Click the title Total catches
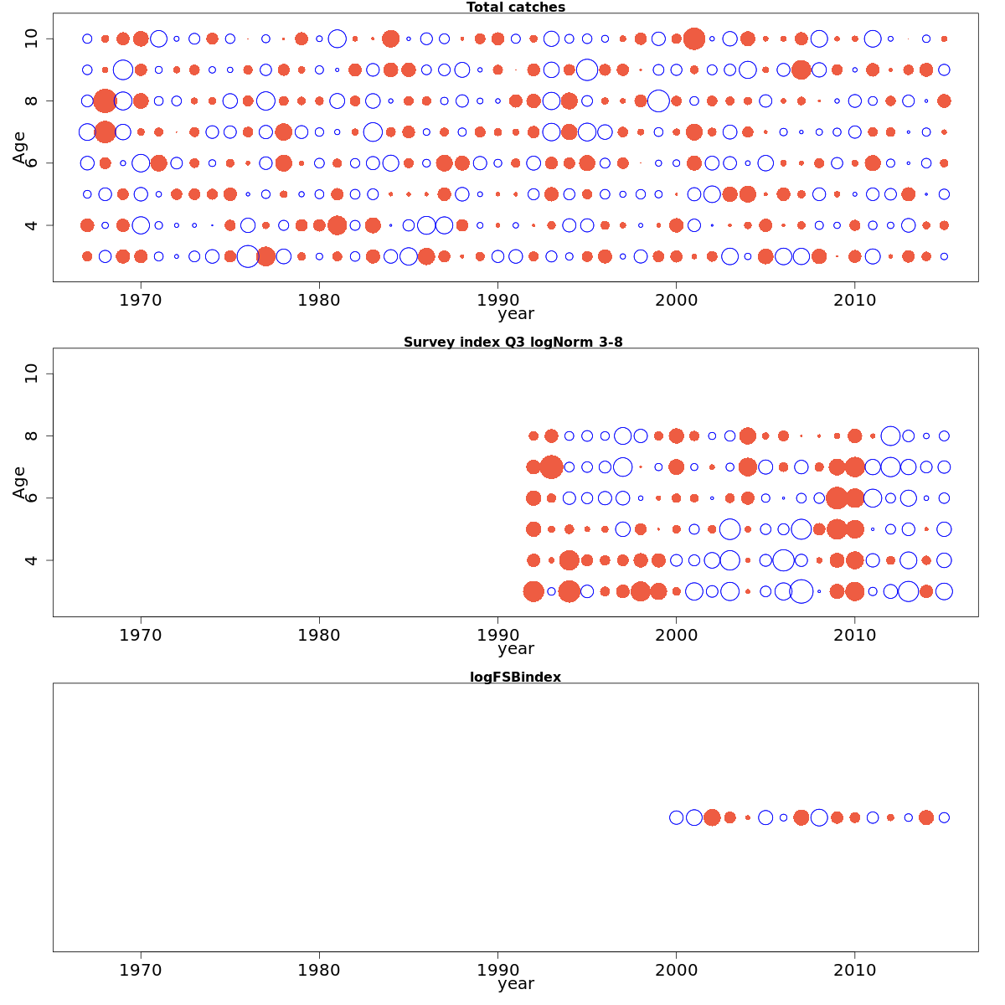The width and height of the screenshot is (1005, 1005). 516,8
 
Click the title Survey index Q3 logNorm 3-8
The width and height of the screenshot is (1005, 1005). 513,343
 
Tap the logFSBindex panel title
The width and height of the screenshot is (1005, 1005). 515,678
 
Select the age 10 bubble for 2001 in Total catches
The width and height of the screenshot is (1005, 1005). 693,39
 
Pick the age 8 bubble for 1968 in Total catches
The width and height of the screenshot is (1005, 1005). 105,100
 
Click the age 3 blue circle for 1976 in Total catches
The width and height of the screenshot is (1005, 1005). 248,256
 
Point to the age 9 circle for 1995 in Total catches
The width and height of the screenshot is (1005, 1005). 587,70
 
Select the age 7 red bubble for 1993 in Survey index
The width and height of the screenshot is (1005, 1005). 551,466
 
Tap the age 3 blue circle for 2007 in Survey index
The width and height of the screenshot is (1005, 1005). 801,591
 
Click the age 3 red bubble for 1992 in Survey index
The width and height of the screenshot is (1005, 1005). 533,591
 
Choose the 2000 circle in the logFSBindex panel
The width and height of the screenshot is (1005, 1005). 676,817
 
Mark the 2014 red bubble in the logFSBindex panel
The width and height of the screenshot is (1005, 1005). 925,817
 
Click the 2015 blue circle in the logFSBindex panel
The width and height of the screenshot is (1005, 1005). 944,817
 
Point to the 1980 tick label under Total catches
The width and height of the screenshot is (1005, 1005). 319,300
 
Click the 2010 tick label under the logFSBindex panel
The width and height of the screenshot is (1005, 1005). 854,970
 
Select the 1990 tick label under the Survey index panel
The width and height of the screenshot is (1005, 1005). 497,635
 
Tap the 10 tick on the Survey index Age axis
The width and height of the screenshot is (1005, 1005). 32,374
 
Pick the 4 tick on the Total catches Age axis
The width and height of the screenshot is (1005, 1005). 32,224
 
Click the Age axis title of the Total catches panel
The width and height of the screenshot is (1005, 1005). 19,147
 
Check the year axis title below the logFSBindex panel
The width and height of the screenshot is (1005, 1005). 515,984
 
